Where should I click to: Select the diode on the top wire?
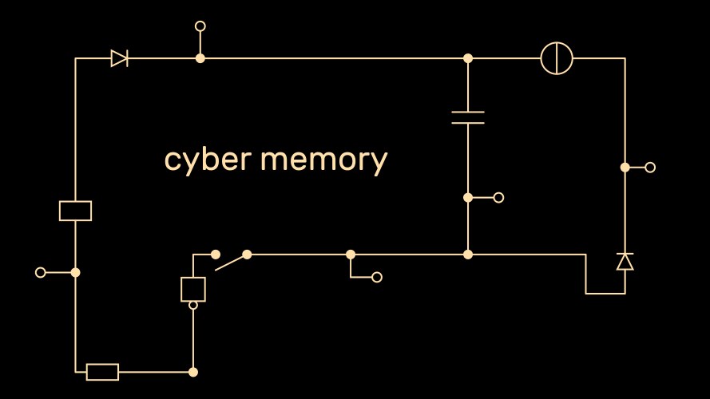tap(120, 58)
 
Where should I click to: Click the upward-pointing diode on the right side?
tap(625, 262)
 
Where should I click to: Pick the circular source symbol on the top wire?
tap(557, 58)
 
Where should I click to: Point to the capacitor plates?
tap(468, 117)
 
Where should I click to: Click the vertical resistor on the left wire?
tap(76, 211)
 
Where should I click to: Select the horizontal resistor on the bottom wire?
tap(102, 372)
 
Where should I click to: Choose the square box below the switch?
tap(193, 289)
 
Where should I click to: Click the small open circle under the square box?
tap(193, 305)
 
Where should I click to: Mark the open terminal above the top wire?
tap(200, 26)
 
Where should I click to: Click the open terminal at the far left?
tap(41, 272)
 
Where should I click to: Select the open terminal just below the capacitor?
tap(499, 198)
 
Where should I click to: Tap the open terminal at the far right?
tap(650, 168)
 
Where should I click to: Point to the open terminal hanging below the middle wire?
tap(377, 278)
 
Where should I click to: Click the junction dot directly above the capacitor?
tap(468, 58)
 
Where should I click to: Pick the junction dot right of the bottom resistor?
tap(193, 372)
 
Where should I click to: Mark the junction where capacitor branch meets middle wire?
tap(468, 255)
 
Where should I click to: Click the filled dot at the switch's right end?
tap(247, 255)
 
